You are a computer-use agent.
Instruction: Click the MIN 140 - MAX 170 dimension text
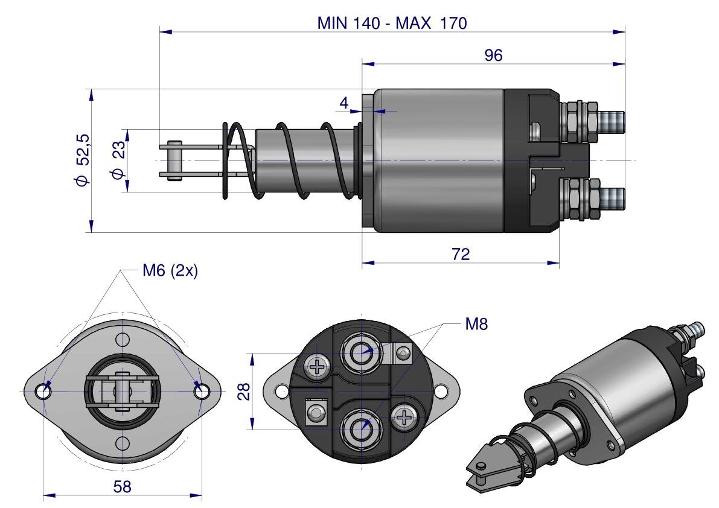[x=392, y=24]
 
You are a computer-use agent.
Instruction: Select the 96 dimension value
[x=493, y=56]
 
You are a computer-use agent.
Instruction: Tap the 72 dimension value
[x=461, y=254]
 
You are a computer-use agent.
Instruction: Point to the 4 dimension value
[x=344, y=103]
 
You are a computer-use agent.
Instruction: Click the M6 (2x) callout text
[x=170, y=271]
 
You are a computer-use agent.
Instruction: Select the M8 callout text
[x=476, y=325]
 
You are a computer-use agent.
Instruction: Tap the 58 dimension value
[x=123, y=486]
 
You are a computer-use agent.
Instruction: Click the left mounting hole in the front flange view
[x=43, y=392]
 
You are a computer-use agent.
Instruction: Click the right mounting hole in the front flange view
[x=202, y=392]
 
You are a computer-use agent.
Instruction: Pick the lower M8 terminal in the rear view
[x=362, y=428]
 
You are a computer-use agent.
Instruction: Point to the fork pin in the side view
[x=174, y=160]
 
